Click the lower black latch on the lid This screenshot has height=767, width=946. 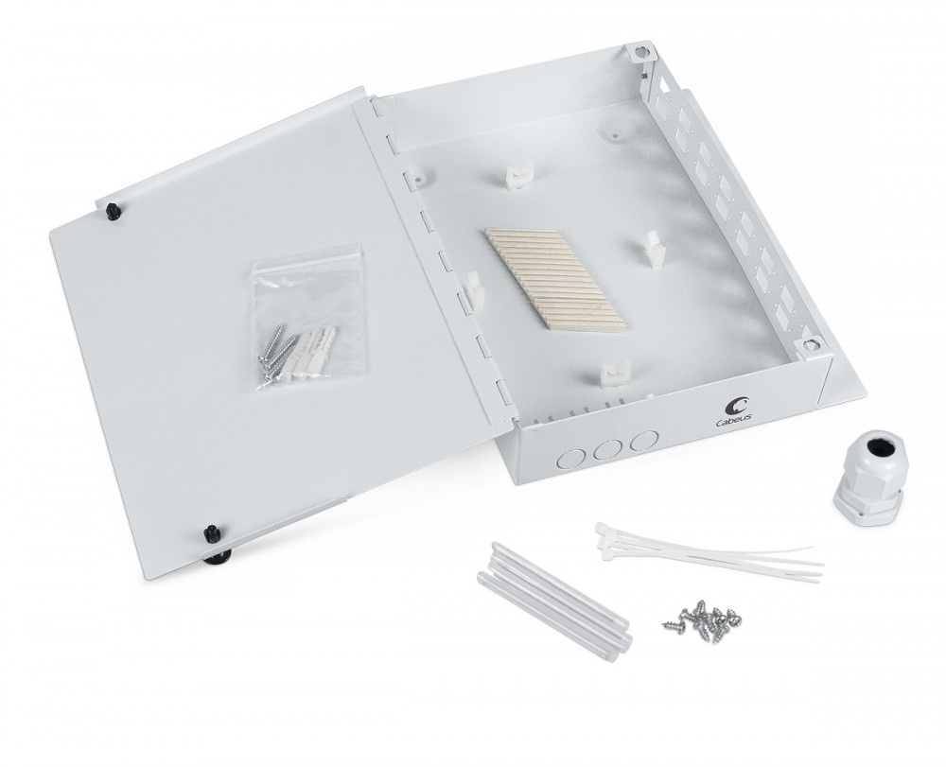[212, 533]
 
